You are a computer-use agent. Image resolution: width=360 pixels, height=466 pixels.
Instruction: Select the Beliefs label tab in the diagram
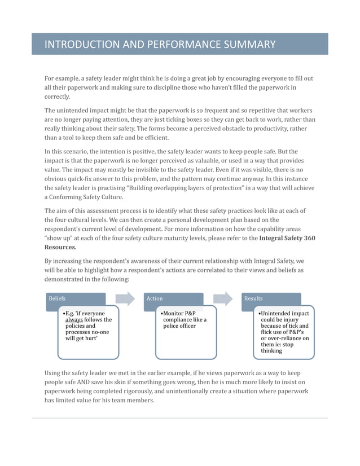(57, 298)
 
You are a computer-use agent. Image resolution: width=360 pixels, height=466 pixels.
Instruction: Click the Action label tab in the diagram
(154, 298)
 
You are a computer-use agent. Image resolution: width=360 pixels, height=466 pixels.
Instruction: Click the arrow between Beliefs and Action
(125, 298)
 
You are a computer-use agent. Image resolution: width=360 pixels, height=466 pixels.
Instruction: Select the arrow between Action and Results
(223, 298)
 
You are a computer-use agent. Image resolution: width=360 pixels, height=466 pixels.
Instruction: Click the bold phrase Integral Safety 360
(287, 238)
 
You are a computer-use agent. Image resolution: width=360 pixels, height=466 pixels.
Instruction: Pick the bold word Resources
(60, 247)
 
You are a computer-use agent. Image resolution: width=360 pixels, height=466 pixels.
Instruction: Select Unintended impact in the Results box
(284, 313)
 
